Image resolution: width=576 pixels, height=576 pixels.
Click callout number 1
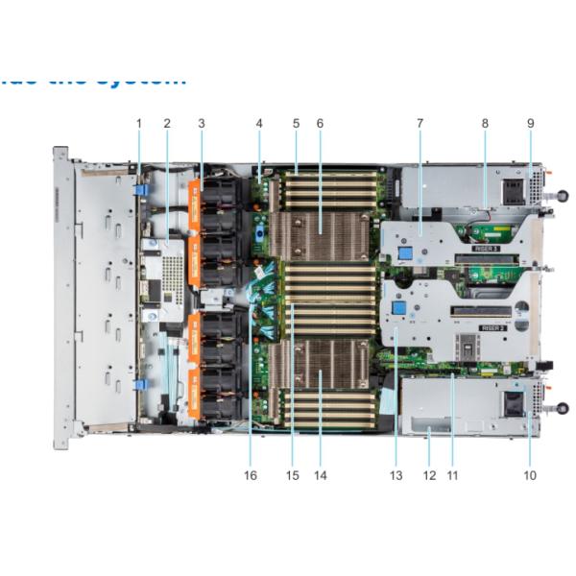[138, 123]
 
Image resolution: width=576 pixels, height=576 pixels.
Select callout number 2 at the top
[167, 123]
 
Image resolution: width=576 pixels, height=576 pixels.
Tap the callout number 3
[201, 123]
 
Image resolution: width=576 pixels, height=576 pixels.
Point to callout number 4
[259, 123]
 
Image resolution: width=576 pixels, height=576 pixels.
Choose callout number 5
[297, 123]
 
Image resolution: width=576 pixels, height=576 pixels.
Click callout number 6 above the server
[320, 123]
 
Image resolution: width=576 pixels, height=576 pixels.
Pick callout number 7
[420, 123]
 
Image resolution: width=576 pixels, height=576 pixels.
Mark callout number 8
[486, 123]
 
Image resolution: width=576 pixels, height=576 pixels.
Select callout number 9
[530, 123]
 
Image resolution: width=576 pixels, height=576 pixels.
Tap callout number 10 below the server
[530, 474]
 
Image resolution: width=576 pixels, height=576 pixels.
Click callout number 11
[452, 474]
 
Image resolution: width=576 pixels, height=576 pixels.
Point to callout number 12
[428, 474]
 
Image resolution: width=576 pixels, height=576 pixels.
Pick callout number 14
[320, 474]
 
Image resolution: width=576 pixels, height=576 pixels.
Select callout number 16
[251, 474]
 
